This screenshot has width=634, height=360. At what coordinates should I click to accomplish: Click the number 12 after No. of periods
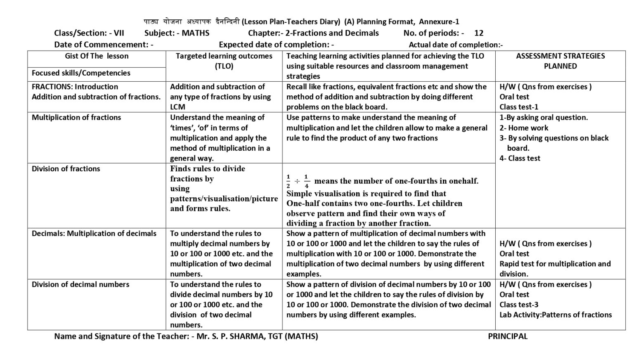click(479, 33)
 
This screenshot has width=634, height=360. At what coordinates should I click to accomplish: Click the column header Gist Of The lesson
click(97, 56)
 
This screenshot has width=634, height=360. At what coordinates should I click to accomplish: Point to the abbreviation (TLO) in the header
click(224, 66)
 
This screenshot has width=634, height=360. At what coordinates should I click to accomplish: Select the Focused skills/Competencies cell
click(81, 73)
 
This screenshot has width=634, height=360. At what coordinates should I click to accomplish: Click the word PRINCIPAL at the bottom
click(507, 336)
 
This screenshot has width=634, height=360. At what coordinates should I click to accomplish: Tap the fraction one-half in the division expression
click(288, 181)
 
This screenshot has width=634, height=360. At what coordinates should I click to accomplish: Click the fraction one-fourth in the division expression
click(306, 181)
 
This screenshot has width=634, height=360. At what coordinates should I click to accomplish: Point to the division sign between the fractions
click(297, 181)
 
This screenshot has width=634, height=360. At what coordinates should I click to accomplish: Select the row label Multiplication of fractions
click(76, 118)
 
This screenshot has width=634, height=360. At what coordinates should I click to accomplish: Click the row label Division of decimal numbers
click(80, 284)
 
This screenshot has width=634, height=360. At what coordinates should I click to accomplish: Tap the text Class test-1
click(519, 107)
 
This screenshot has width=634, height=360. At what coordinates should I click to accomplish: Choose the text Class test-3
click(519, 305)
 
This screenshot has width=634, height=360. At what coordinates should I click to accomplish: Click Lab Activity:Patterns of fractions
click(556, 315)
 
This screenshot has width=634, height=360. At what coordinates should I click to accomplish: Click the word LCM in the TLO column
click(177, 107)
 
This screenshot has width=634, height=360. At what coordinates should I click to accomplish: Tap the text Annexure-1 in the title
click(439, 22)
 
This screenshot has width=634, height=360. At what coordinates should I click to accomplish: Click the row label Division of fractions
click(66, 169)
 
